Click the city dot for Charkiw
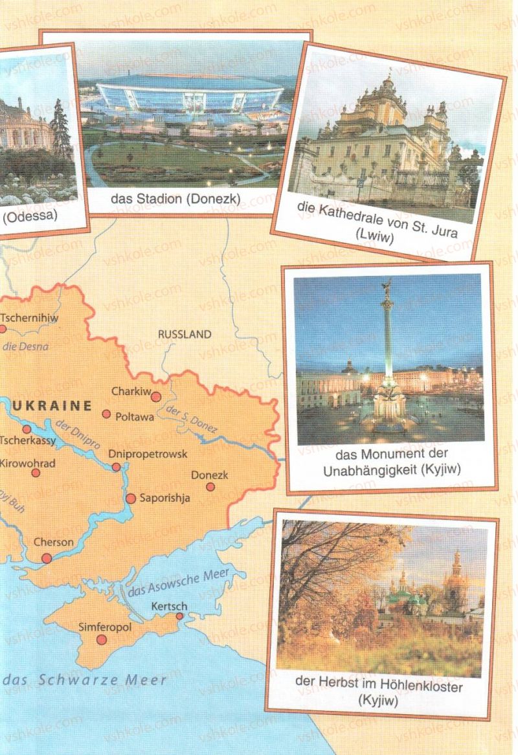coord(156,395)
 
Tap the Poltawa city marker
coord(106,414)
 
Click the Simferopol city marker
coord(102,640)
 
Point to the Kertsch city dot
coord(179,616)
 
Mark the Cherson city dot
coord(47,558)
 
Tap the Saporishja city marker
coord(131,499)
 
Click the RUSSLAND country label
coord(185,335)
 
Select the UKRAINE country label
coord(52,406)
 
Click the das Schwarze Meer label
coord(84,680)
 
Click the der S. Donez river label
coord(192,420)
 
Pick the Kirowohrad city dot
coord(36,473)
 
